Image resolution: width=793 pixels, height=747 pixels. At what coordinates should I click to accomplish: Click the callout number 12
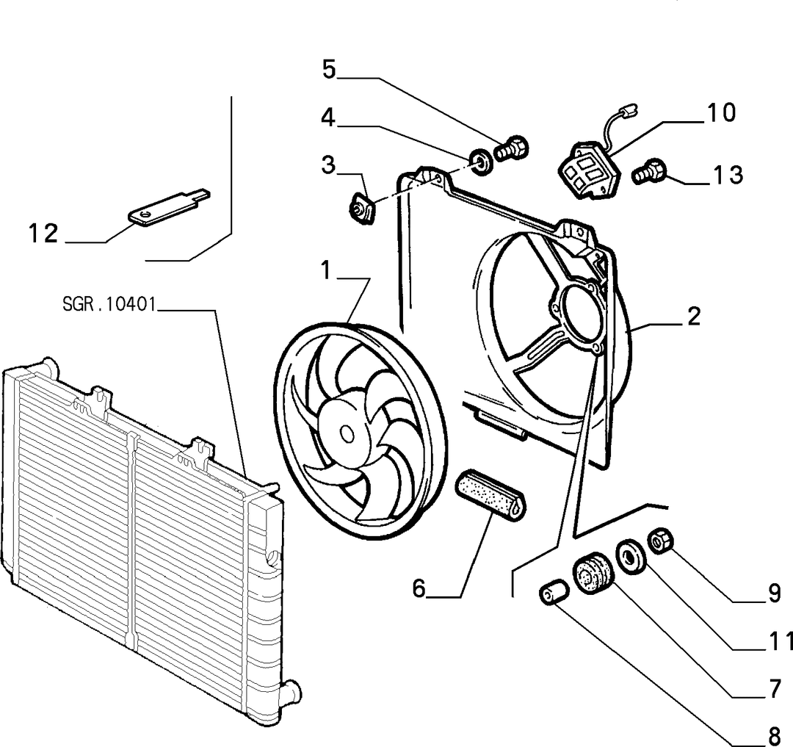[43, 234]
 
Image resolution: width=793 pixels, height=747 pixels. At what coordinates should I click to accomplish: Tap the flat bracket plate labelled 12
[167, 206]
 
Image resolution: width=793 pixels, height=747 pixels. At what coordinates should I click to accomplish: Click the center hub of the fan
[347, 433]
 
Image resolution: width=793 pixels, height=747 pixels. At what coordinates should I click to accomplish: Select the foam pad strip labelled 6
[491, 496]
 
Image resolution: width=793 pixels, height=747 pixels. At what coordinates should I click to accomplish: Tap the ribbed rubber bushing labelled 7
[593, 574]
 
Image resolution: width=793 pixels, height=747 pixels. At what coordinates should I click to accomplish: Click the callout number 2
[694, 316]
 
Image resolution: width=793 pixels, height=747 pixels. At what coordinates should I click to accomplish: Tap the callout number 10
[721, 112]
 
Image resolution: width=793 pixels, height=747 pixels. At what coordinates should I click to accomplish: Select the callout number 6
[419, 588]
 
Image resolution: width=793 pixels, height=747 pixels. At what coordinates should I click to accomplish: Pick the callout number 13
[728, 175]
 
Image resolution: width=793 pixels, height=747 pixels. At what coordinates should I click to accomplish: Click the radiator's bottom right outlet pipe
[289, 692]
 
